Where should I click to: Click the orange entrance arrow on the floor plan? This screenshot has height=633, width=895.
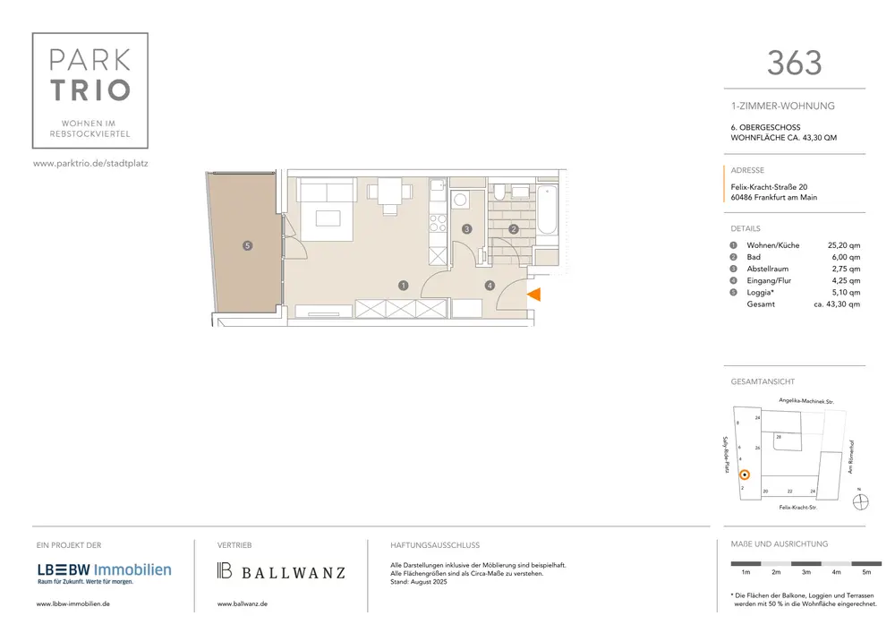(534, 295)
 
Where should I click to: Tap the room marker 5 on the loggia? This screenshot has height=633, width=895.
(247, 245)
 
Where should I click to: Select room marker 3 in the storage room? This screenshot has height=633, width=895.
(467, 229)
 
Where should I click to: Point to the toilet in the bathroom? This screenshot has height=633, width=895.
(499, 192)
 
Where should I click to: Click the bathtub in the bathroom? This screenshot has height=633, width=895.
(547, 210)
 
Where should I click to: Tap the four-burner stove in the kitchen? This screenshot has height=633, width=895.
(438, 223)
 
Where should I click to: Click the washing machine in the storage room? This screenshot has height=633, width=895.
(460, 200)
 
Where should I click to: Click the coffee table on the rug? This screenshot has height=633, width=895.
(328, 218)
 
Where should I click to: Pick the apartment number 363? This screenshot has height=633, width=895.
(794, 63)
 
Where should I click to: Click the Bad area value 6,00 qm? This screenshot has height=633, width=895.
(846, 258)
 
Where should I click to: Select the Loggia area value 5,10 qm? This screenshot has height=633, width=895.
(846, 292)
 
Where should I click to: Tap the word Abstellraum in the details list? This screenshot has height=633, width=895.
(768, 269)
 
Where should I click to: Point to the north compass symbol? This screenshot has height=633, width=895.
(860, 501)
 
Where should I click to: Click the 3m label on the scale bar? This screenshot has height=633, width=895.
(806, 572)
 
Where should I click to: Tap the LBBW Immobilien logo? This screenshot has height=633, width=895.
(105, 572)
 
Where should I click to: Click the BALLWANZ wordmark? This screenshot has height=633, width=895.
(294, 572)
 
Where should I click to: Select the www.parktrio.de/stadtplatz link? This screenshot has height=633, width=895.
(90, 163)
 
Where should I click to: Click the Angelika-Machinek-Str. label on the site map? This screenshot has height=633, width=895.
(806, 401)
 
